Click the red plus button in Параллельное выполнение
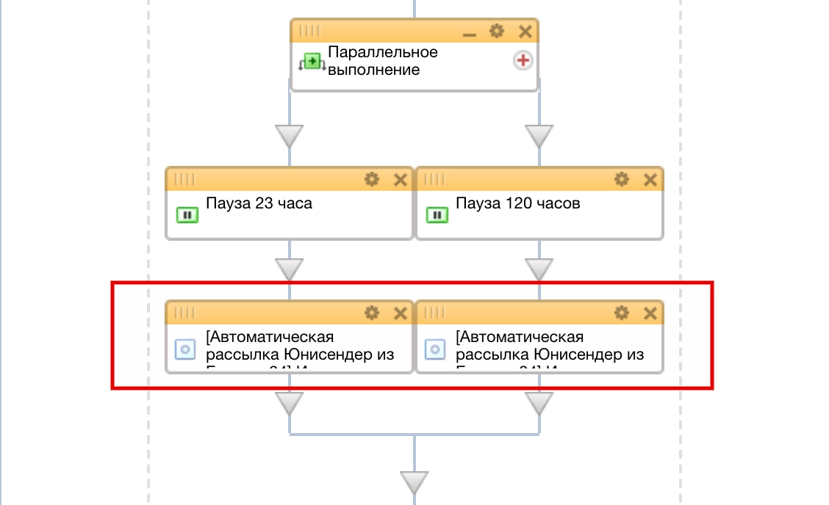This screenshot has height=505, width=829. coord(523,61)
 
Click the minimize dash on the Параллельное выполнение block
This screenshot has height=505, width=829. coord(469,32)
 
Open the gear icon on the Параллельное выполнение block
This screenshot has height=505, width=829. coord(497,31)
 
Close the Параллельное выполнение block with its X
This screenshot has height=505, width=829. coord(525,31)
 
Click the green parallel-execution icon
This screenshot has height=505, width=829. coord(312,62)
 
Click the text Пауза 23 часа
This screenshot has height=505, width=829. coord(259,203)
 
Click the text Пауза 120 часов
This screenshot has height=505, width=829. coord(517,203)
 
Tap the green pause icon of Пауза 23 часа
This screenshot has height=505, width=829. coord(187,215)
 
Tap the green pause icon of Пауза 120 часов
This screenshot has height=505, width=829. coord(437,215)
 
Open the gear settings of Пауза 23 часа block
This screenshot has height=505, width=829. coord(372,179)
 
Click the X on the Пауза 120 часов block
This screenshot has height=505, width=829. coord(650,179)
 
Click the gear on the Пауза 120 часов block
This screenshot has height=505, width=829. coord(622,179)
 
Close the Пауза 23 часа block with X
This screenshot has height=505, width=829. coord(400,179)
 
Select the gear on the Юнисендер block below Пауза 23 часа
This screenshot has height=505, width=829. coord(372,313)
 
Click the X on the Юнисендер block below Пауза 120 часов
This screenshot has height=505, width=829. coord(650,313)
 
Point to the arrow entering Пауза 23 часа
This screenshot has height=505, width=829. coord(290,136)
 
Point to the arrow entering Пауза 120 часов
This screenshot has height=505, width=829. coord(539,136)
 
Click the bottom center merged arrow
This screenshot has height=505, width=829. coord(414,482)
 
